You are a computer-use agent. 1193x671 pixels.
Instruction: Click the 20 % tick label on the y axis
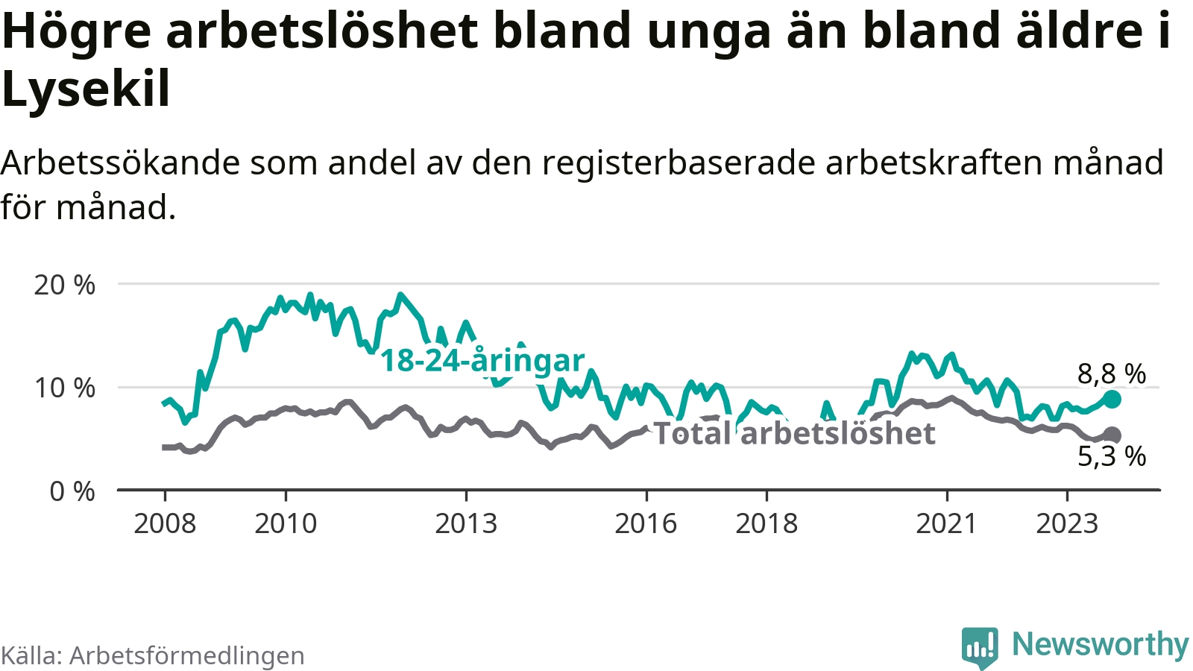[65, 285]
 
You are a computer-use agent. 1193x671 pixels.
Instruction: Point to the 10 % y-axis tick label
[65, 388]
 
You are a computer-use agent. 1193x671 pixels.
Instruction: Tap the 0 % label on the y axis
[72, 491]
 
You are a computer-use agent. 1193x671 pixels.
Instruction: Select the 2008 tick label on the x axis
[165, 523]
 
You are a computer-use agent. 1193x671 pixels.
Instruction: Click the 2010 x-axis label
[286, 523]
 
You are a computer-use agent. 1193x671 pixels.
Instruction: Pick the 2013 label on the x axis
[466, 523]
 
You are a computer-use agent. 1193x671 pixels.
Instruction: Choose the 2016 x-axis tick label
[646, 523]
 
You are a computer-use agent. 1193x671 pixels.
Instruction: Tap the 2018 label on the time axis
[767, 523]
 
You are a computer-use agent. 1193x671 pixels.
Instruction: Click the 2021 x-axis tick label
[946, 523]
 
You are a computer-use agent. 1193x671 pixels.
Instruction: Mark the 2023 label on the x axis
[1067, 523]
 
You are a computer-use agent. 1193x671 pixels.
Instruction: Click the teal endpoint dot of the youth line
[1112, 399]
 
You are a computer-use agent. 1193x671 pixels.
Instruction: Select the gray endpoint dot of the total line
[1112, 435]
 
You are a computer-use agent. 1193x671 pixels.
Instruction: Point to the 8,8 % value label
[1112, 374]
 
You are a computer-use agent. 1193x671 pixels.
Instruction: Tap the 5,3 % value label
[1112, 456]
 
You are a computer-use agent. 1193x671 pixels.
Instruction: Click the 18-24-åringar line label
[482, 361]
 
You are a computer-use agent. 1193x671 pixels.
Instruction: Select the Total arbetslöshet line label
[794, 433]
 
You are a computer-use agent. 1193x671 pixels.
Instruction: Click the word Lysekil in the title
[86, 89]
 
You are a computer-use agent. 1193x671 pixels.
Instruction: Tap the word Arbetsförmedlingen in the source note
[187, 655]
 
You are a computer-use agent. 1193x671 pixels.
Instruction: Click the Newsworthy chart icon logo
[979, 647]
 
